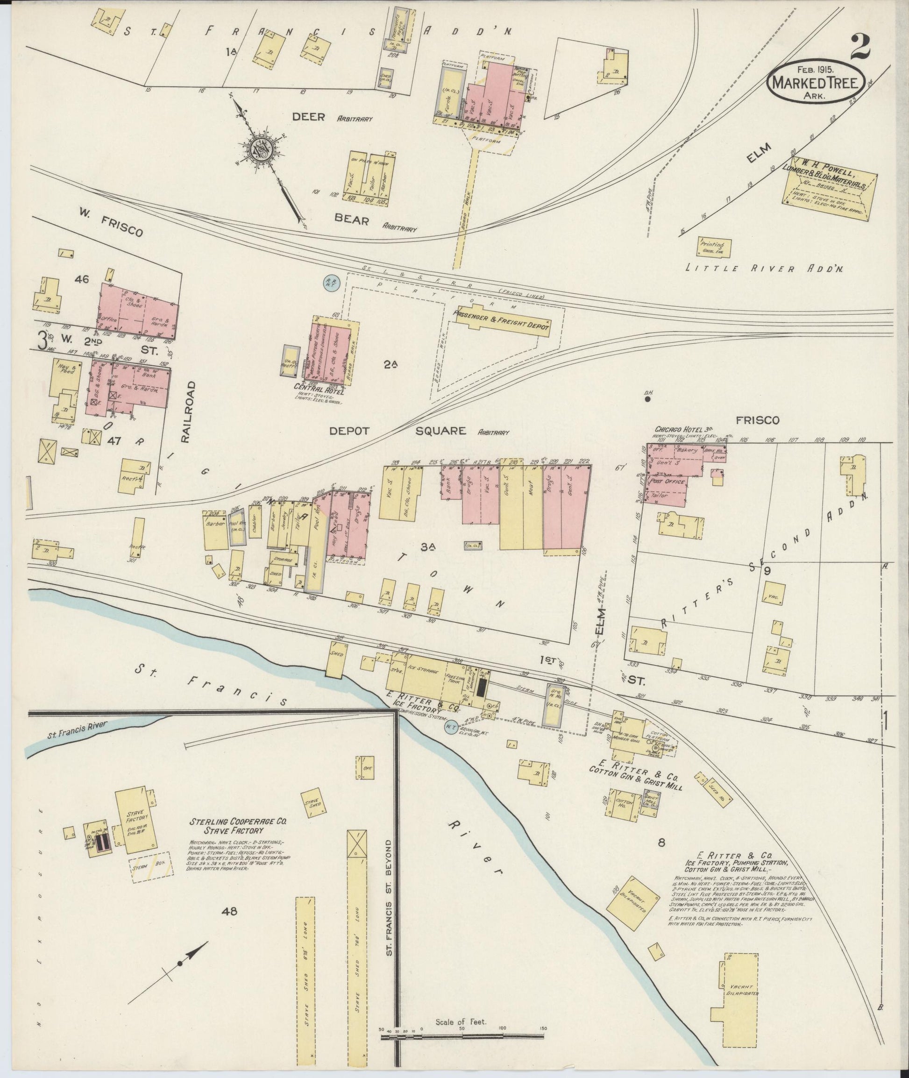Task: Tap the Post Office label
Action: (668, 481)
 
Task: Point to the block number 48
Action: (229, 912)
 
